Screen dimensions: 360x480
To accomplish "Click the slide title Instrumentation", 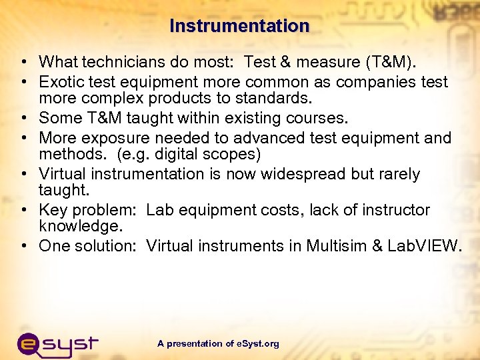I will [x=239, y=26].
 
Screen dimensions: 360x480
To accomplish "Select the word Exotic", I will [x=61, y=82].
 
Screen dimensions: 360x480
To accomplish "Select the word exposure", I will [x=115, y=138].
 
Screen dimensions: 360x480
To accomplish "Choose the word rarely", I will [x=395, y=174].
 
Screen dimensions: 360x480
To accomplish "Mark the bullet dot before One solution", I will [x=23, y=246].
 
